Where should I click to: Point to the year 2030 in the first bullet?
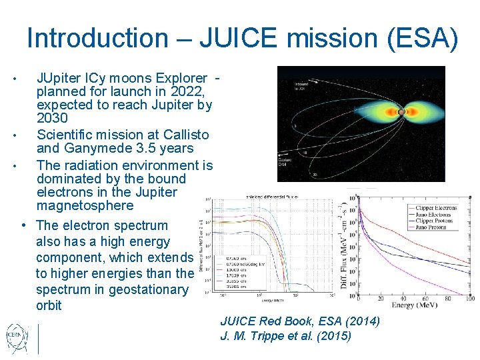point(52,118)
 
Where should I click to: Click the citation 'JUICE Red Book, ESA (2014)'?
point(300,321)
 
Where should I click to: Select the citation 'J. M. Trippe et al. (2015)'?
point(285,336)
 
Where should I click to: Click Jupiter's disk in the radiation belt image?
point(401,111)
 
